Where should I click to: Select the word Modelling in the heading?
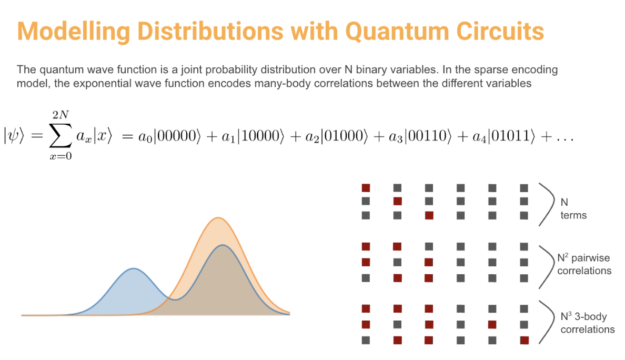coord(74,32)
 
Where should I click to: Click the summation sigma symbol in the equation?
coord(61,135)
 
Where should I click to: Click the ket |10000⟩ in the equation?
coord(261,136)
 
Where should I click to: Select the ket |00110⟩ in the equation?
coord(428,136)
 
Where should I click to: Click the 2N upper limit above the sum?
coord(61,115)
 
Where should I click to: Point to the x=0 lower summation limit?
coord(61,156)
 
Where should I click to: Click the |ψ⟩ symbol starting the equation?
coord(14,136)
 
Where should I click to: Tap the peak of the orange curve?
coord(218,218)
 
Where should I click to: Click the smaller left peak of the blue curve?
coord(134,269)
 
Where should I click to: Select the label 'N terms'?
coord(573,208)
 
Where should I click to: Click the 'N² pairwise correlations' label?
coord(584,264)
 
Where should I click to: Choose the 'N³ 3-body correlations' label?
coord(588,323)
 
